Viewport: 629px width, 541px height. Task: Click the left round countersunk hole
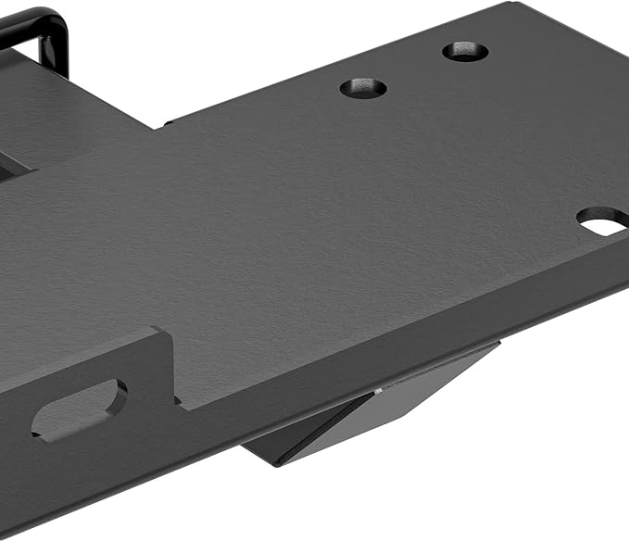[363, 88]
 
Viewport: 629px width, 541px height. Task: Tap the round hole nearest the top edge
[465, 51]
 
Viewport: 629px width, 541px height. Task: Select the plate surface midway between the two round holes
[414, 69]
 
